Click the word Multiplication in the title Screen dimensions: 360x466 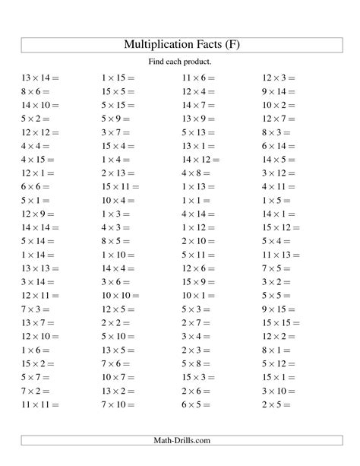[x=159, y=45]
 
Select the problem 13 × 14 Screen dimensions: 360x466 [x=39, y=78]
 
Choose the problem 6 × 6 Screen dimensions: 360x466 [x=35, y=187]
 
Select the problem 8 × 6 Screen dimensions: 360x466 [x=35, y=91]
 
